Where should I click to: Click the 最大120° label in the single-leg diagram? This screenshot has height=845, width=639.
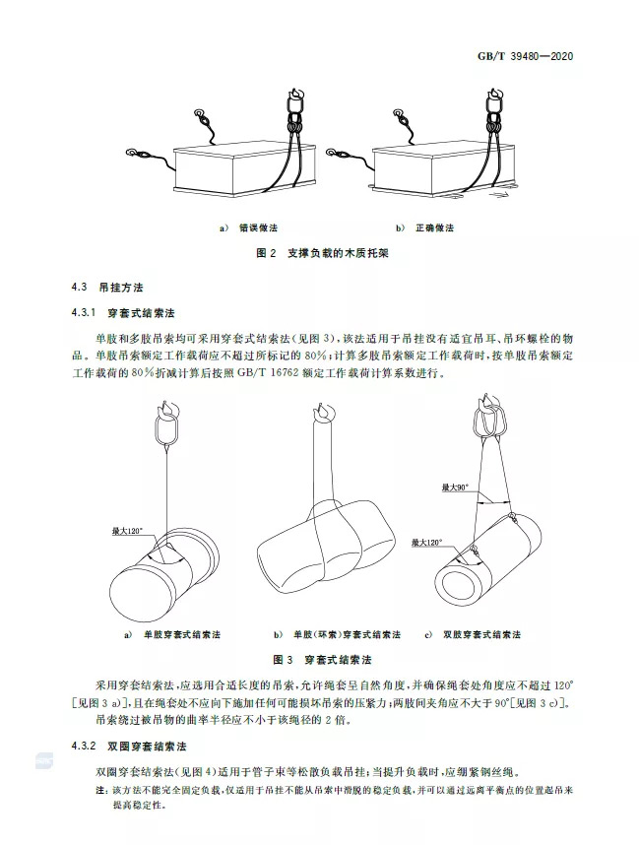tap(129, 531)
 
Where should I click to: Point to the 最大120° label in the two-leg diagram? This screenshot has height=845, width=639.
tap(428, 541)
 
